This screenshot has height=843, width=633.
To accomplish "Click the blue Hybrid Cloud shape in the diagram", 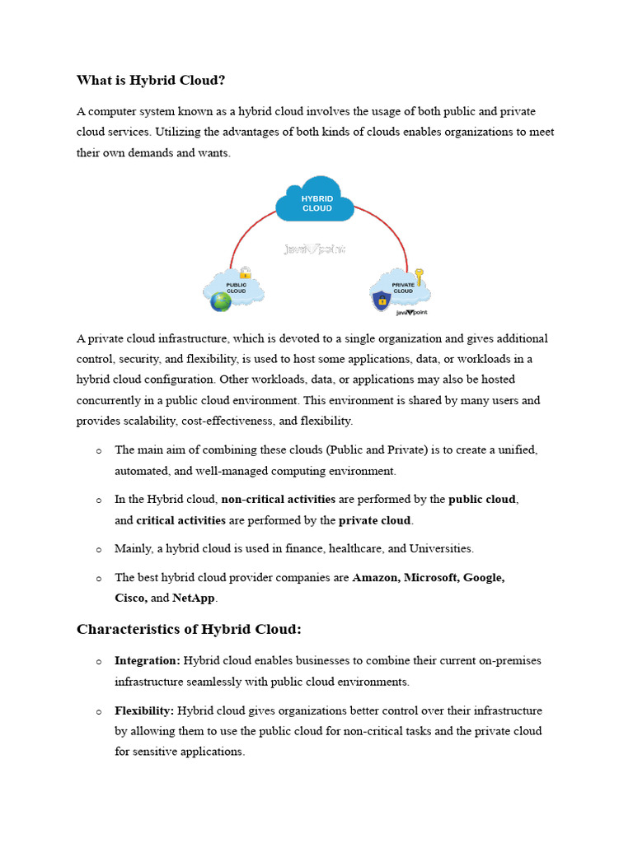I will (316, 201).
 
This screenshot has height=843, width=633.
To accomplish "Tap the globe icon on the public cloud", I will (221, 302).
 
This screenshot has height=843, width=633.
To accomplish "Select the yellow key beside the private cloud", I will (419, 276).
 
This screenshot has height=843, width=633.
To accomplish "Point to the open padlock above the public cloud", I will (245, 272).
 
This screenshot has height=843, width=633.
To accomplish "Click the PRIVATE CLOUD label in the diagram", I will (403, 288).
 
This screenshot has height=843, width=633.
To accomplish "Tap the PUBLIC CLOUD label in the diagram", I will (236, 288).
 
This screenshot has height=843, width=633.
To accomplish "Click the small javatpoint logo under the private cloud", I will (411, 313).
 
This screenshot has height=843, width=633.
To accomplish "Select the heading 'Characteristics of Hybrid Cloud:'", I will (189, 629).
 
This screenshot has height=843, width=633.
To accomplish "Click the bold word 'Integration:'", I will (148, 660).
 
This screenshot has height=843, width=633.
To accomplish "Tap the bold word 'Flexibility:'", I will (144, 710).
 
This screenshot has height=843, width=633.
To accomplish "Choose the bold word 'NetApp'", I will (194, 598).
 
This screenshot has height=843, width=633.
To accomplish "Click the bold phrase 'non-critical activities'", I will (278, 499).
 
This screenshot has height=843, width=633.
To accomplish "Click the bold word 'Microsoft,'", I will (429, 578).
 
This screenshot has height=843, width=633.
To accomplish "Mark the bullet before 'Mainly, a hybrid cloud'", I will (99, 549).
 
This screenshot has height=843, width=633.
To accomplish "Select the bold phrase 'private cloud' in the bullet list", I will (375, 520).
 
